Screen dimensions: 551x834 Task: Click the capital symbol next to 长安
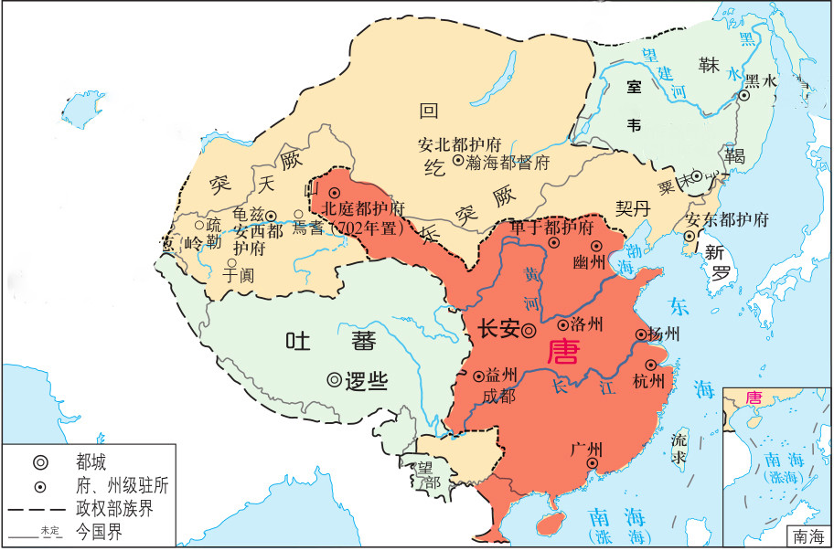point(529,331)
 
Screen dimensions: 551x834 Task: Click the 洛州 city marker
point(562,323)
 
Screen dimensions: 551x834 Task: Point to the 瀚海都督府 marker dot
point(457,162)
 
